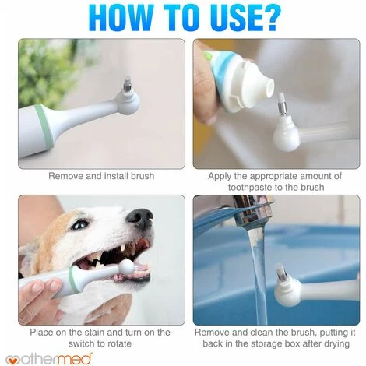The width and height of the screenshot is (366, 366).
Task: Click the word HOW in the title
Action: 121,18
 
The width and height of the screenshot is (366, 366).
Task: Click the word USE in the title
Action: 224,18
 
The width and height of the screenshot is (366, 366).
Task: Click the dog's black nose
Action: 140,217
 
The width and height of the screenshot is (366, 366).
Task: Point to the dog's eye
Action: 79,224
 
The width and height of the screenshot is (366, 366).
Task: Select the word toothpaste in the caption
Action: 250,187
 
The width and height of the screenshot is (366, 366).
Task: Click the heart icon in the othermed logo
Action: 11,361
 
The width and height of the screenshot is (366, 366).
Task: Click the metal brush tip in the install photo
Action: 128,84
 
